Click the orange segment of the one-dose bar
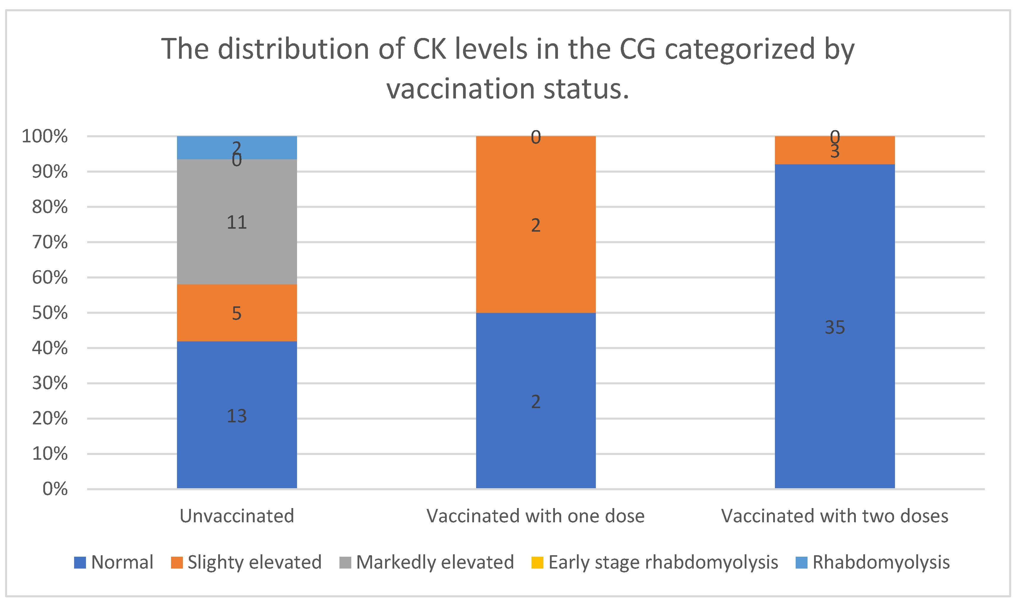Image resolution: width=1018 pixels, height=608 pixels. [536, 254]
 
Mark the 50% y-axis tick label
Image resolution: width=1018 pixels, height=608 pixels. [50, 313]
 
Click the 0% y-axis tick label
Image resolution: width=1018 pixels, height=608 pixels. [55, 489]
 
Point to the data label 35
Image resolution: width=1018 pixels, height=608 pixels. [834, 327]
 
